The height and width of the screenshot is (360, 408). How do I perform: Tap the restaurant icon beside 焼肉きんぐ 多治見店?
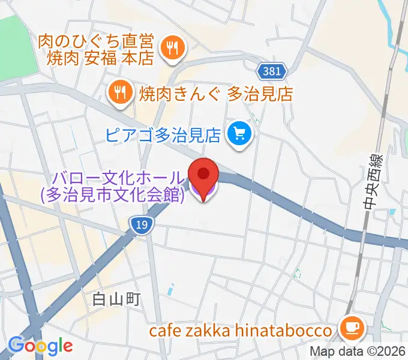point(120,92)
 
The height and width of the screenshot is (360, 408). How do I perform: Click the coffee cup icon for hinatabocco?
point(350,328)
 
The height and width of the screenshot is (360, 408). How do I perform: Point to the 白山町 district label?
point(116,298)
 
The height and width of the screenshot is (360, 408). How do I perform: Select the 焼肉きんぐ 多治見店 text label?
point(216,93)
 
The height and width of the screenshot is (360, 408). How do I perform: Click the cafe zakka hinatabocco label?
point(241,331)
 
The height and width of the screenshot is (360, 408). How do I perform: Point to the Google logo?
point(40,345)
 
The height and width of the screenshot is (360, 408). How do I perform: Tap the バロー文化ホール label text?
point(119,178)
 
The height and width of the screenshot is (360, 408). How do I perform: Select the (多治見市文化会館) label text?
point(112,195)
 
